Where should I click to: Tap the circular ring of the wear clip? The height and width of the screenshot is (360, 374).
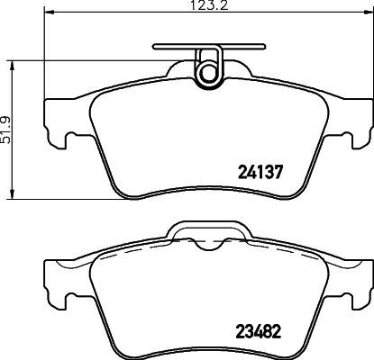(x=209, y=69)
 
